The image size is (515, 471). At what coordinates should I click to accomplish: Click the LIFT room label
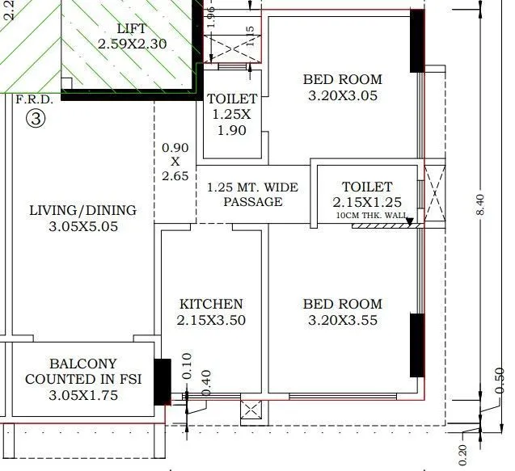[132, 27]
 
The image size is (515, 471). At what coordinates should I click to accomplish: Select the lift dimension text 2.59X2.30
[132, 44]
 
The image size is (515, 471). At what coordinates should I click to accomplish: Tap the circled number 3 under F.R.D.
[35, 119]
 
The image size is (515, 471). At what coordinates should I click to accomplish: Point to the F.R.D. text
[34, 100]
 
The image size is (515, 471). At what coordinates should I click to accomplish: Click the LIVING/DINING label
[82, 210]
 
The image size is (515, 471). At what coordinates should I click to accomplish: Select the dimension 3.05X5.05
[82, 227]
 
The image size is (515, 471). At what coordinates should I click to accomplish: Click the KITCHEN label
[211, 304]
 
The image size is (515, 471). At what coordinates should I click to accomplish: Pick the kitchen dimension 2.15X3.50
[211, 321]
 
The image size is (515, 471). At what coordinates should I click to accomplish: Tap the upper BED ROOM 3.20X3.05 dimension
[343, 96]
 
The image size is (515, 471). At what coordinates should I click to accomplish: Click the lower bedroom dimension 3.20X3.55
[343, 321]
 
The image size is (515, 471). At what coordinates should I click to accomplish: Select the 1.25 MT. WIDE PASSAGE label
[252, 195]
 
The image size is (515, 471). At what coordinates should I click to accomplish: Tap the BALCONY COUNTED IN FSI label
[82, 372]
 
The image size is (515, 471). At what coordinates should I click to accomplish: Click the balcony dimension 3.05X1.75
[82, 396]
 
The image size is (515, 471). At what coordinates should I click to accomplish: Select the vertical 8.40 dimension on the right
[483, 205]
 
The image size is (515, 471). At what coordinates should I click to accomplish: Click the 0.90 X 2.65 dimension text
[175, 162]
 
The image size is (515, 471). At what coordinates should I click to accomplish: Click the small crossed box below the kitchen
[251, 410]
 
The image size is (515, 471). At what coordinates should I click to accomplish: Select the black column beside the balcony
[163, 381]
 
